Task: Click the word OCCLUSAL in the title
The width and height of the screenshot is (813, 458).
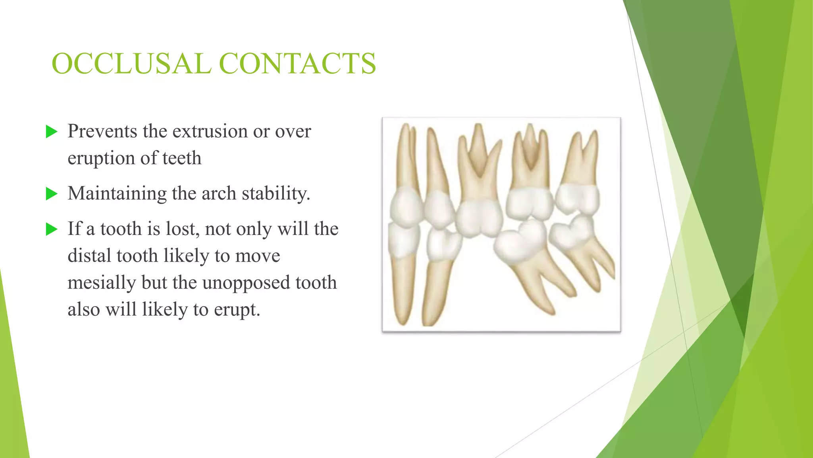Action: point(131,64)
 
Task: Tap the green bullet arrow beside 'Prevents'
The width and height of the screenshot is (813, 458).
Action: point(52,132)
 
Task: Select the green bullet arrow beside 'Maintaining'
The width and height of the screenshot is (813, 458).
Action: point(52,194)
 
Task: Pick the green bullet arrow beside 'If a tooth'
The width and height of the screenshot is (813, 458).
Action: point(52,229)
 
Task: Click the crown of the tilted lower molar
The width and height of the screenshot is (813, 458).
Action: point(519,241)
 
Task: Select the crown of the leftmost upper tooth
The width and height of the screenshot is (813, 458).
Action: point(405,207)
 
